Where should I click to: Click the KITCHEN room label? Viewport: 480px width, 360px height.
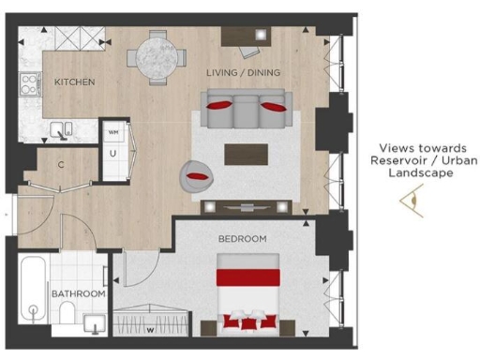(x=74, y=82)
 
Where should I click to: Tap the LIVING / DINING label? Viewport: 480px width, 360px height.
(x=243, y=72)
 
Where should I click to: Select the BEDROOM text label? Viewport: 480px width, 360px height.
(x=242, y=239)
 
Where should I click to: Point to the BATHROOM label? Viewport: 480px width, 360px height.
(x=77, y=294)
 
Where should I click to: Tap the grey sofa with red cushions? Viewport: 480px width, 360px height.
(x=246, y=110)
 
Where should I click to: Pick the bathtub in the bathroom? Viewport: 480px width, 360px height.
(x=33, y=292)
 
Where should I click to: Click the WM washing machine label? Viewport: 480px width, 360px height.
(x=113, y=133)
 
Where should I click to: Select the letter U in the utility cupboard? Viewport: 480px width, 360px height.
(x=112, y=152)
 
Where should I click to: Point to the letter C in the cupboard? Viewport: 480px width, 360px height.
(x=59, y=166)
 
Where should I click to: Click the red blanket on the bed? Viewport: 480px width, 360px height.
(x=248, y=277)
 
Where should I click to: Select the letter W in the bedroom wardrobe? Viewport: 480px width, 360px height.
(x=149, y=329)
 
